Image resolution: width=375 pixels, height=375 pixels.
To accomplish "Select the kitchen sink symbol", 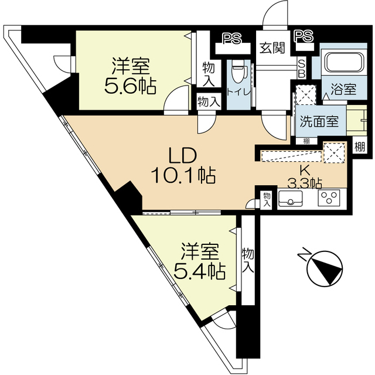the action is tap(291, 198).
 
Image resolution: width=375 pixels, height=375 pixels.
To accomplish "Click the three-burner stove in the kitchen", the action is tap(329, 198).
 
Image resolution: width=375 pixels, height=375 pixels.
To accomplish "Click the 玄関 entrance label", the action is tap(272, 48).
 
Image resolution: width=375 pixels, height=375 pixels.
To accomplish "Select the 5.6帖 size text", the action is tap(130, 86).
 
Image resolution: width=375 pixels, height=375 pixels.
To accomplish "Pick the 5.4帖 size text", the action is tap(199, 271).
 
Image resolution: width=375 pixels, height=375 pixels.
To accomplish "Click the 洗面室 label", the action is tap(319, 121).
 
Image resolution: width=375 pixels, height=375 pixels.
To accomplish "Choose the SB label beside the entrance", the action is tap(302, 69).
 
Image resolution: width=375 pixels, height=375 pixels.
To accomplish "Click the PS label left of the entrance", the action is tap(232, 38).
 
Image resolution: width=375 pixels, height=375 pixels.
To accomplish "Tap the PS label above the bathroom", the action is tap(304, 36).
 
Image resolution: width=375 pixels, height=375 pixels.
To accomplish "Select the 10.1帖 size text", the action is tap(183, 175).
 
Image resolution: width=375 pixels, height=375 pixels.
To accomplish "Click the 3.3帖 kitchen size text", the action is tap(304, 183).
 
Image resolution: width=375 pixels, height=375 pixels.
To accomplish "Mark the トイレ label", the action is tap(238, 92).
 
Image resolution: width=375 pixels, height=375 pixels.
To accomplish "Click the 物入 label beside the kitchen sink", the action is tap(267, 199).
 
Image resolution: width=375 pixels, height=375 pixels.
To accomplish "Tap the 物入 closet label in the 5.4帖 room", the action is tap(248, 260).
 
